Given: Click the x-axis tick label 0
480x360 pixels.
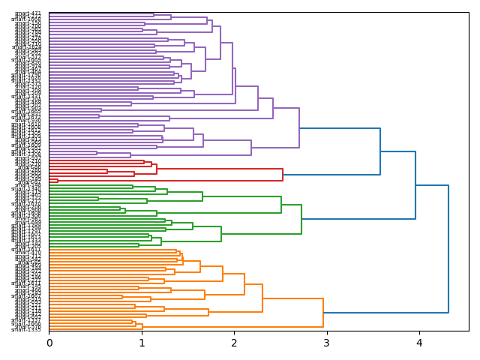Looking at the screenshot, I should pyautogui.click(x=49, y=343).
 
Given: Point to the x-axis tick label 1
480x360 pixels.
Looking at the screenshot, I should pyautogui.click(x=142, y=343).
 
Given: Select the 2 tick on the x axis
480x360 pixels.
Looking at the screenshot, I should pyautogui.click(x=234, y=343).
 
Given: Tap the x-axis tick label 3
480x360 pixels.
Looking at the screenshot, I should pyautogui.click(x=326, y=343).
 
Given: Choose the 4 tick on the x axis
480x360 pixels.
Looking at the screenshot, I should pyautogui.click(x=419, y=343).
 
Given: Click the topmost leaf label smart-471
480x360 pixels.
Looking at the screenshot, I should pyautogui.click(x=28, y=13).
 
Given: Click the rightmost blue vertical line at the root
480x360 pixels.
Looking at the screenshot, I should pyautogui.click(x=448, y=249).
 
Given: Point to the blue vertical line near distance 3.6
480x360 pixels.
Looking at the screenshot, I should pyautogui.click(x=380, y=151).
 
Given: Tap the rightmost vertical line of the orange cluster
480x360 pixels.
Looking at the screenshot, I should pyautogui.click(x=323, y=313).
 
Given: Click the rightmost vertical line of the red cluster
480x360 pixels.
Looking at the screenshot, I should pyautogui.click(x=283, y=175).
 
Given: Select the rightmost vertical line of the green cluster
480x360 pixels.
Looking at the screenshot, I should pyautogui.click(x=301, y=219).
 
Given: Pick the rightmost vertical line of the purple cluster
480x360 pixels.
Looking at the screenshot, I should pyautogui.click(x=299, y=128).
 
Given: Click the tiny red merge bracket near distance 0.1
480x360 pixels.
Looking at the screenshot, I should pyautogui.click(x=58, y=181).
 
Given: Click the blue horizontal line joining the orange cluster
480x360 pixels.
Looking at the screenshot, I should pyautogui.click(x=385, y=313).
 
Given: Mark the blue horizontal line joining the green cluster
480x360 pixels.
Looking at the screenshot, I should pyautogui.click(x=358, y=219).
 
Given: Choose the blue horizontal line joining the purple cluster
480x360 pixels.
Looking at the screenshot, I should pyautogui.click(x=340, y=128).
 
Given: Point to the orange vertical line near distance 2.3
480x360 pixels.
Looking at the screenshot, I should pyautogui.click(x=262, y=298).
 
